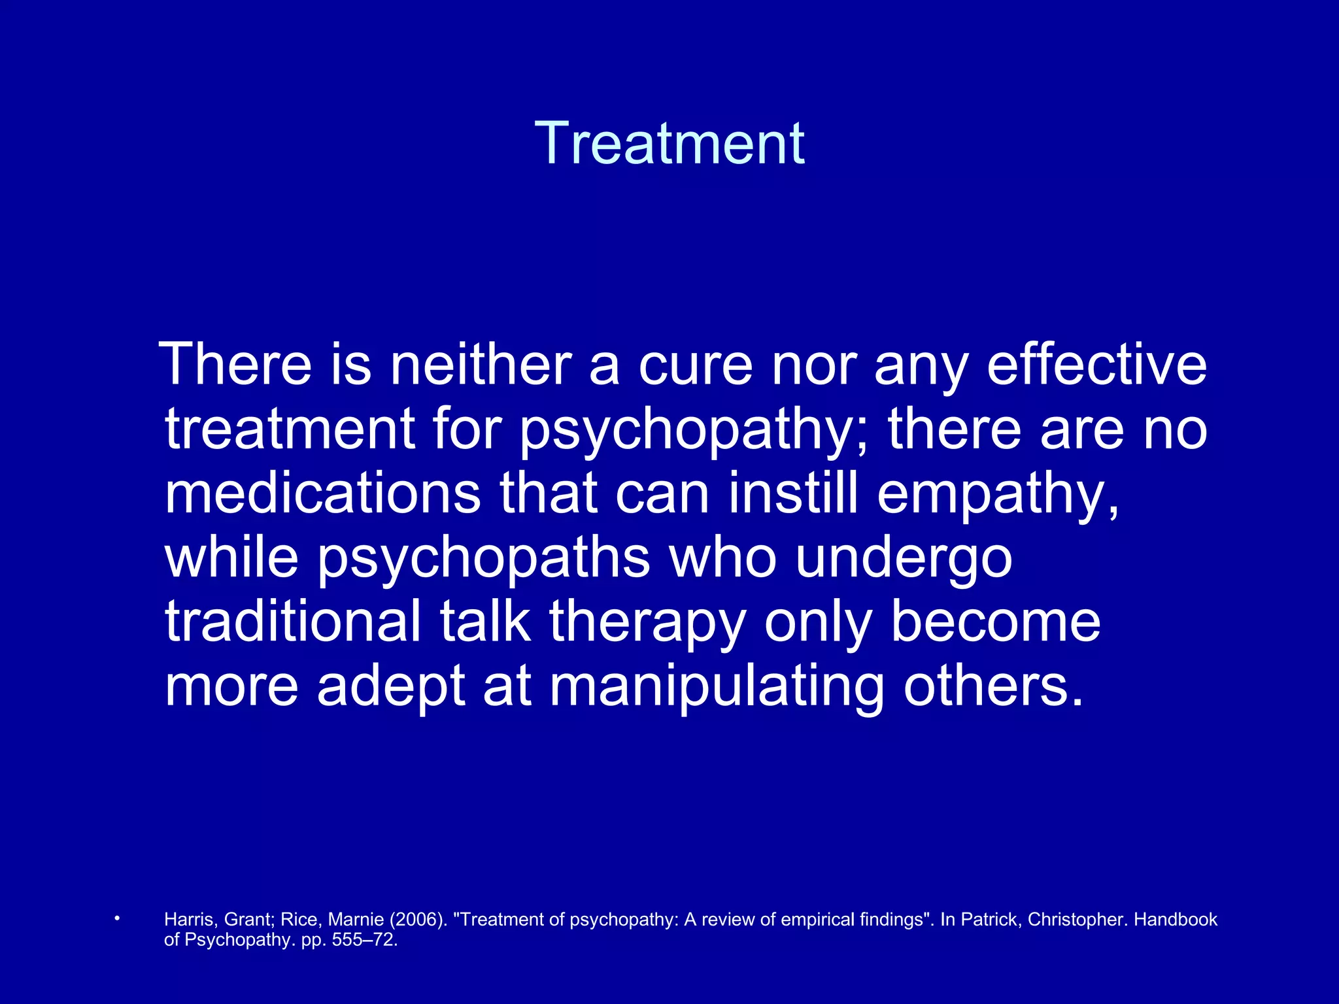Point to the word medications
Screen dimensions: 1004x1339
point(322,494)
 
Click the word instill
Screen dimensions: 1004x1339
point(793,494)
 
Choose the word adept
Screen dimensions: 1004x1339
point(391,688)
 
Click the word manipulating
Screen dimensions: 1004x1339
point(717,688)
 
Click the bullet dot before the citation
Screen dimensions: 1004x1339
point(117,918)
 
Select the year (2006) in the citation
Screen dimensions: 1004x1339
point(418,920)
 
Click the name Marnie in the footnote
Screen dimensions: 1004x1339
point(356,920)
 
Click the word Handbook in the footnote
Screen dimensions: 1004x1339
point(1175,920)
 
